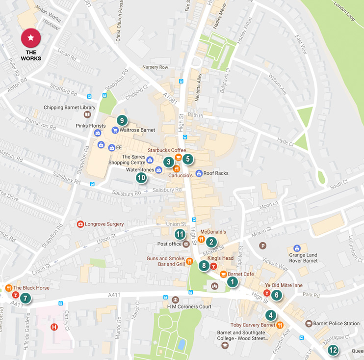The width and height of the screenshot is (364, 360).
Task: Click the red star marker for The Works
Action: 31,38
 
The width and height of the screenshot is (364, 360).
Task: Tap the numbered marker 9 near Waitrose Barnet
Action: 122,120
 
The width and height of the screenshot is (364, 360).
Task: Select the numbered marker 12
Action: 333,350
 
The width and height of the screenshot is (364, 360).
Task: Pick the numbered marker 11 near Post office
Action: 180,234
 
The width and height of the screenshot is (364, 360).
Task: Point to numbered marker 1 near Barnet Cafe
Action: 232,282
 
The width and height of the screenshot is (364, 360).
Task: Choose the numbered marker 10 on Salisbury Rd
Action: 141,177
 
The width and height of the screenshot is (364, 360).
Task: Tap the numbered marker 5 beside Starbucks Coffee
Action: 187,159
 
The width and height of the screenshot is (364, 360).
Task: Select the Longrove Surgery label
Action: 104,224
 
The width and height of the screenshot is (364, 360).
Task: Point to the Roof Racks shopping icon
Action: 199,173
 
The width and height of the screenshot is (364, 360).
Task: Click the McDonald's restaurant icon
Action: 201,239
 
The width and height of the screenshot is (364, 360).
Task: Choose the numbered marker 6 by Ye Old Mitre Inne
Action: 277,295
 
